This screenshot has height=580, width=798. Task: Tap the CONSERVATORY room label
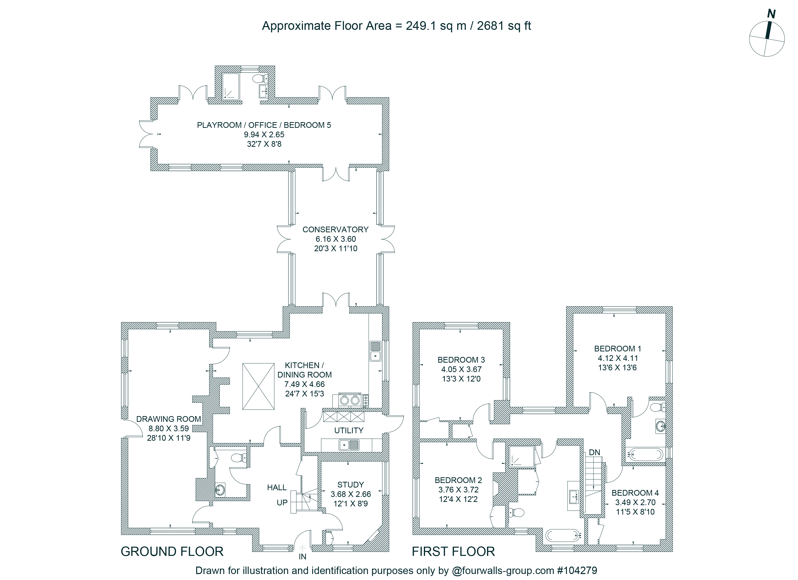(x=335, y=230)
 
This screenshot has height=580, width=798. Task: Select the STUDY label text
(x=351, y=485)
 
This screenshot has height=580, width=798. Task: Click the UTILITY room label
(x=349, y=431)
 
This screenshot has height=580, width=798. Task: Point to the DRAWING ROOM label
(x=169, y=419)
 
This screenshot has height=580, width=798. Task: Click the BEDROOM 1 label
(x=618, y=349)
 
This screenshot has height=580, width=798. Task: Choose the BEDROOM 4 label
(x=635, y=493)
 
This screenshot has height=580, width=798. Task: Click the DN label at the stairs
(x=594, y=452)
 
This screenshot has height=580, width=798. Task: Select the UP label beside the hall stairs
(x=282, y=503)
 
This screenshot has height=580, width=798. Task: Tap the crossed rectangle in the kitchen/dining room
(x=258, y=387)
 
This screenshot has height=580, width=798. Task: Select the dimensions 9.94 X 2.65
(x=264, y=135)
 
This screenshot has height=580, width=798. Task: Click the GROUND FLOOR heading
(x=172, y=551)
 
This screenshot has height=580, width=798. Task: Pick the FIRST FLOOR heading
(x=453, y=551)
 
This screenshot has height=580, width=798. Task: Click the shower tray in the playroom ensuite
(x=230, y=86)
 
